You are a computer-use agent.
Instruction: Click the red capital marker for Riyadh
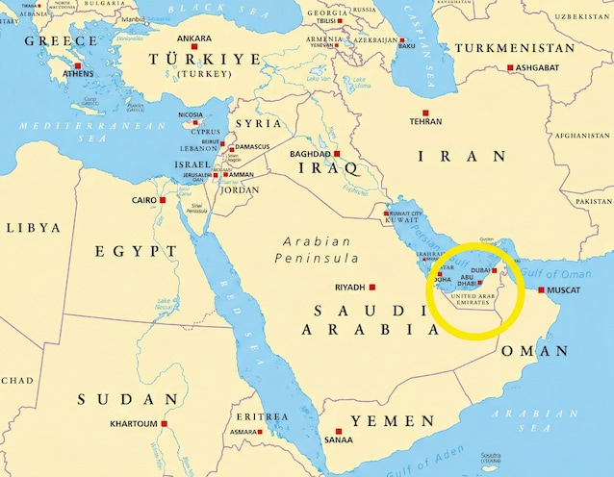click(372, 288)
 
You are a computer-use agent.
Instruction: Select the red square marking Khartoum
click(165, 424)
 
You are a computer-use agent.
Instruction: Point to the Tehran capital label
click(425, 122)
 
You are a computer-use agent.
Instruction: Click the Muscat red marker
click(541, 289)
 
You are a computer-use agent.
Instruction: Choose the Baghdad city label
click(310, 154)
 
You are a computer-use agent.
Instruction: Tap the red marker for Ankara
click(194, 50)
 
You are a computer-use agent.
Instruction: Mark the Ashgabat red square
click(511, 67)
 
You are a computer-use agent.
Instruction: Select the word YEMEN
click(393, 421)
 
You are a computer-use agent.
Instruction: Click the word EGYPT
click(136, 251)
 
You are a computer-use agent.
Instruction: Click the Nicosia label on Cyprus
click(191, 115)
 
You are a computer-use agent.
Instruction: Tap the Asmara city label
click(244, 432)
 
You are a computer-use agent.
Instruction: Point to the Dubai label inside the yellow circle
click(480, 271)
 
